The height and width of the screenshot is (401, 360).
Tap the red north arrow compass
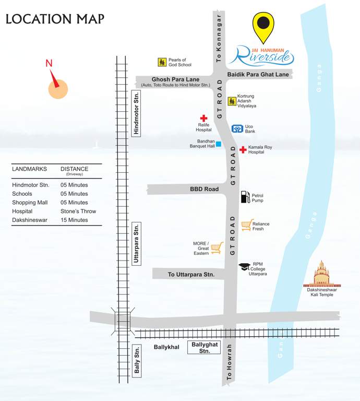[56, 84]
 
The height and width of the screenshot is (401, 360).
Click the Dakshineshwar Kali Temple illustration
[322, 275]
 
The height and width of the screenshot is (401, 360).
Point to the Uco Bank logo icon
[237, 128]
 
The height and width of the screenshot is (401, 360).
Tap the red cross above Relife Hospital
[203, 119]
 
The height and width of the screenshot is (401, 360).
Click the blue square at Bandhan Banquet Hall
[219, 144]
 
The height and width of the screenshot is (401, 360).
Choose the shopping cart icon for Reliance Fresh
[247, 225]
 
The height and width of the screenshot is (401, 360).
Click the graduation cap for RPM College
[244, 267]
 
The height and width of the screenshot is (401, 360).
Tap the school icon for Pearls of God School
[162, 62]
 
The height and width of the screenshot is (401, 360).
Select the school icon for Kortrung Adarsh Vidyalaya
[232, 101]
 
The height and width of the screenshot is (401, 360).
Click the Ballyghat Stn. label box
[204, 348]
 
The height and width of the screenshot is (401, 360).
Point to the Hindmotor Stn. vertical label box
[137, 113]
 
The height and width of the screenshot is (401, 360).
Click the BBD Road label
[204, 189]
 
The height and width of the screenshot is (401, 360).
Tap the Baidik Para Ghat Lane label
[258, 75]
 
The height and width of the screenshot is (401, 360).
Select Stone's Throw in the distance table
[78, 211]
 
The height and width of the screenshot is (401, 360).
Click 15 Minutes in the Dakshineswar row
[74, 220]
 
